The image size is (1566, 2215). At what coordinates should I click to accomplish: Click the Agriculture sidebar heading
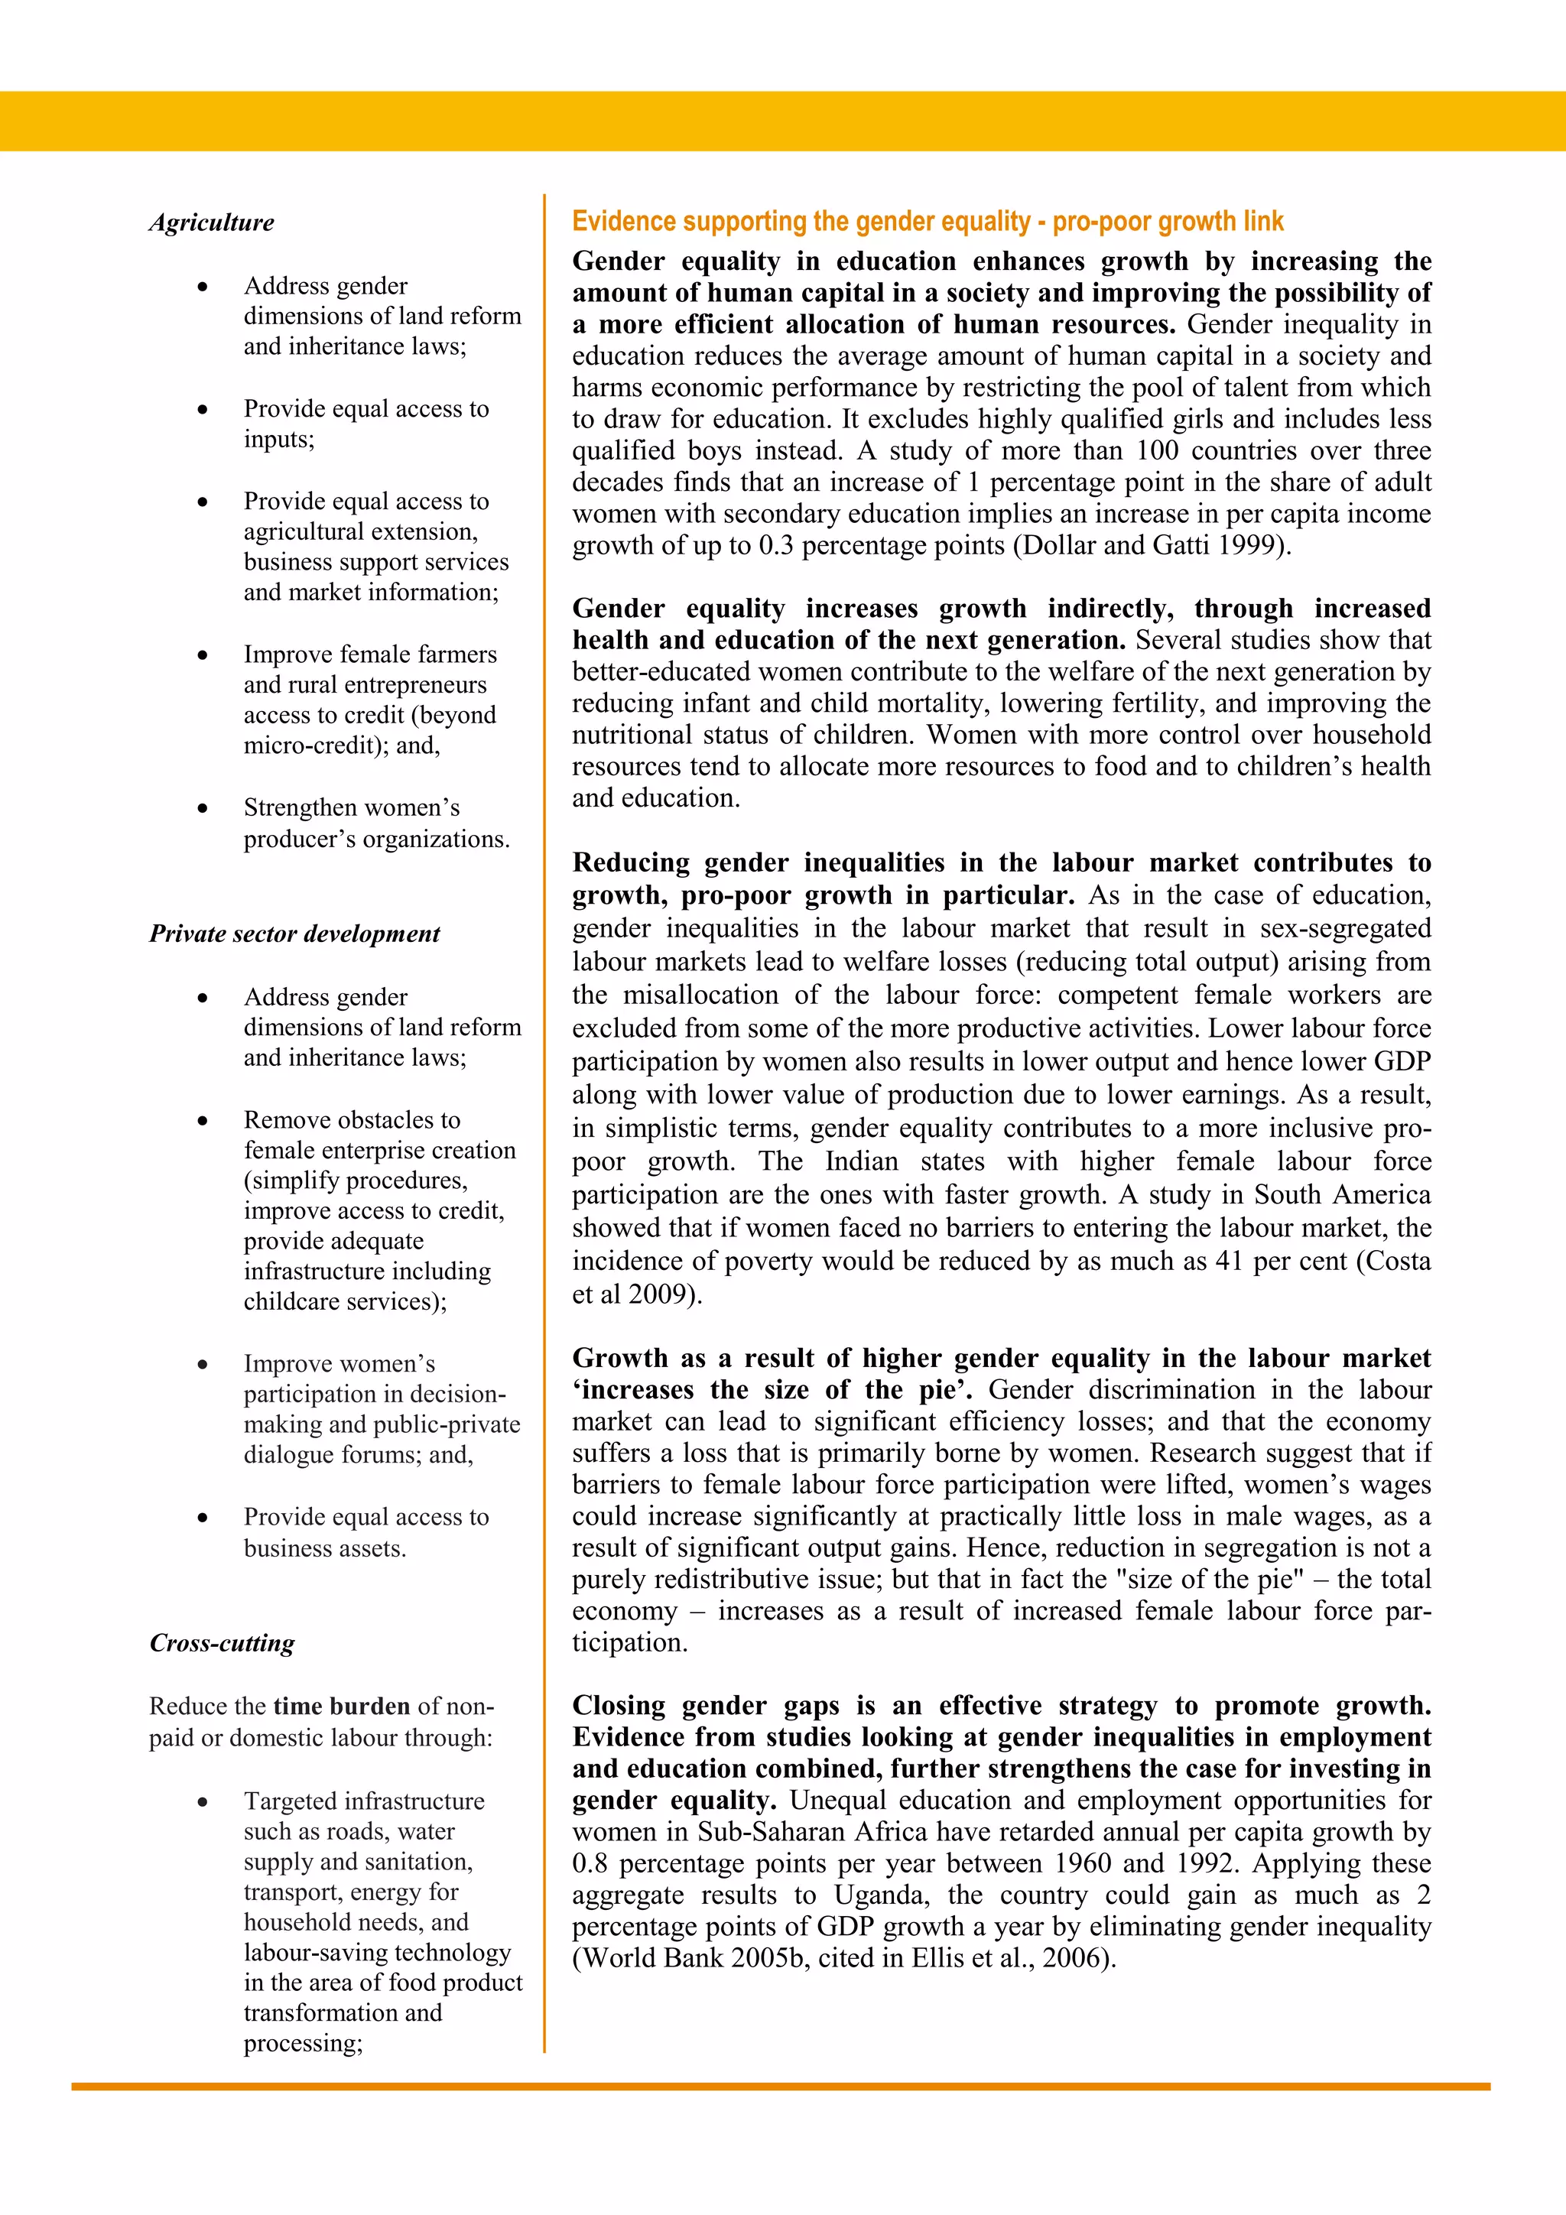211,222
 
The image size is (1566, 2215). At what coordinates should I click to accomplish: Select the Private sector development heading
294,934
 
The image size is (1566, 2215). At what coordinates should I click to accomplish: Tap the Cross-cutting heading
222,1643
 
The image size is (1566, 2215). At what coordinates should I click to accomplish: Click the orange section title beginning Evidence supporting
928,221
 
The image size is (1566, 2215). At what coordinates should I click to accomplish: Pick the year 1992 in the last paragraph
1205,1864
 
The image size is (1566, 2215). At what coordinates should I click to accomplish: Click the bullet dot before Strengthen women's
203,808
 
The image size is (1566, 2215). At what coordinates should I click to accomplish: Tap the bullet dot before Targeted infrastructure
203,1802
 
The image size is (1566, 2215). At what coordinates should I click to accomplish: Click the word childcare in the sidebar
291,1301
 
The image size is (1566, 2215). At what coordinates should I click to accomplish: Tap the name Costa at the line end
1396,1261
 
